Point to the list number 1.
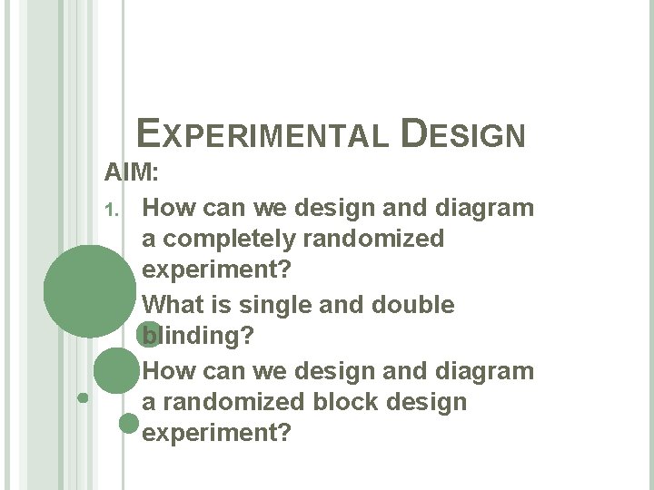tap(111, 209)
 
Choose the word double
tap(413, 305)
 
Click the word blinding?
tap(199, 337)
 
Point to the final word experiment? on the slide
tap(217, 434)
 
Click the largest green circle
tap(89, 292)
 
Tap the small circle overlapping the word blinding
tap(147, 335)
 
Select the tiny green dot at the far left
tap(83, 397)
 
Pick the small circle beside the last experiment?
tap(129, 422)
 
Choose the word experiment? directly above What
tap(217, 271)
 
